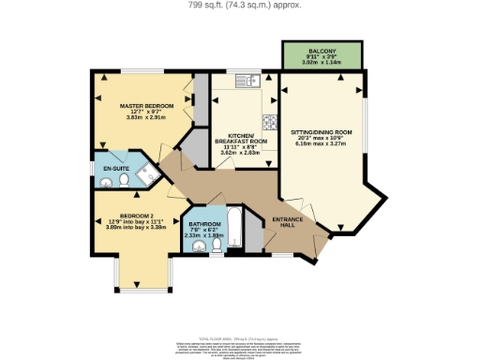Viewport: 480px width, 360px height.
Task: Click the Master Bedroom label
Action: (x=143, y=106)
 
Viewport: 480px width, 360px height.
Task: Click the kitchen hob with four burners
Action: (x=269, y=121)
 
